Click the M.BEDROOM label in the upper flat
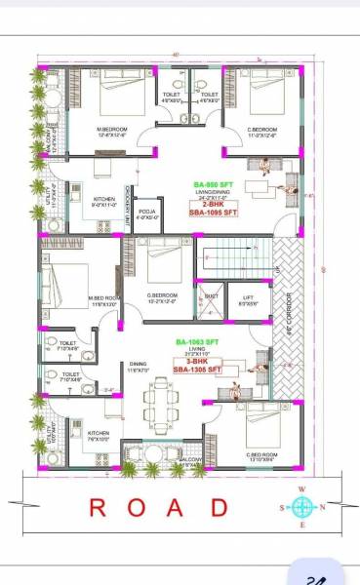click(113, 130)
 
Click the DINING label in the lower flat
click(138, 365)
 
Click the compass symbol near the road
click(302, 506)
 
